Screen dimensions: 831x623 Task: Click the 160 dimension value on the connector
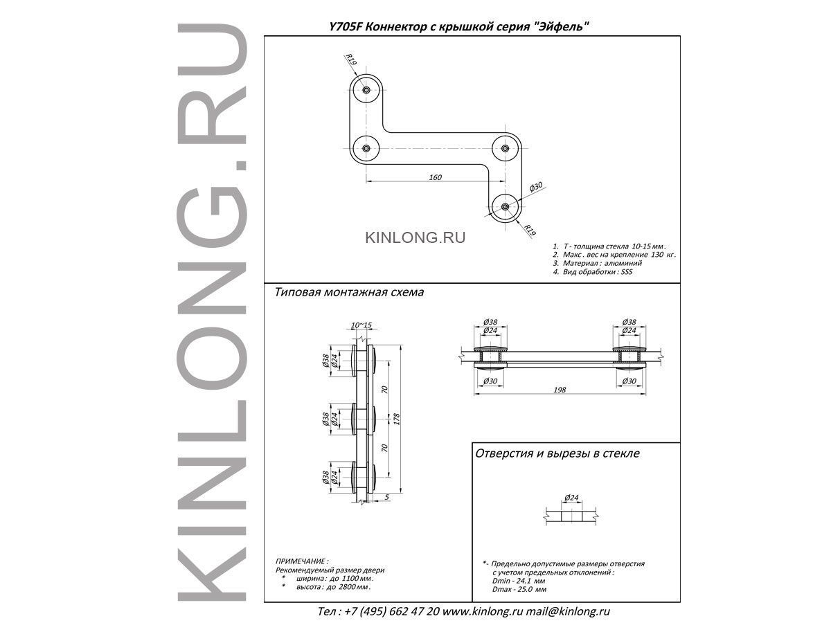coord(436,177)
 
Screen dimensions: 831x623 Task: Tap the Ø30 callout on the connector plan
coord(536,187)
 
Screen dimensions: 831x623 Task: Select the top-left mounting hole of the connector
coord(366,90)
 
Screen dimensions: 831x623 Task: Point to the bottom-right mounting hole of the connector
coord(505,206)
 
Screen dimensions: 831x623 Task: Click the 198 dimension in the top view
coord(560,390)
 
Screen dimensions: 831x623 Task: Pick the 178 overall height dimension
coord(396,419)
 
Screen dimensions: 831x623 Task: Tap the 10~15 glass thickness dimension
coord(361,325)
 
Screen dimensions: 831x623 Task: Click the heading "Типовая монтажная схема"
coord(349,292)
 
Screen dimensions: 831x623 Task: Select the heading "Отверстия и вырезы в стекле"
coord(557,453)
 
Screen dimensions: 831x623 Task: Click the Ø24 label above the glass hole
coord(571,498)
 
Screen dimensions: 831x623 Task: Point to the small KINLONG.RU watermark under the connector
coord(415,237)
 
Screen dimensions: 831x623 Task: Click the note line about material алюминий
coord(598,263)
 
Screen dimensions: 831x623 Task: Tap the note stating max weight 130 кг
coord(614,255)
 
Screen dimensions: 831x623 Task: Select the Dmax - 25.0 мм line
coord(519,589)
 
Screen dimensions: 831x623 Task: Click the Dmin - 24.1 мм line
coord(519,581)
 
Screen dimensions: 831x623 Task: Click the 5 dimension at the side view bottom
coord(386,497)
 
